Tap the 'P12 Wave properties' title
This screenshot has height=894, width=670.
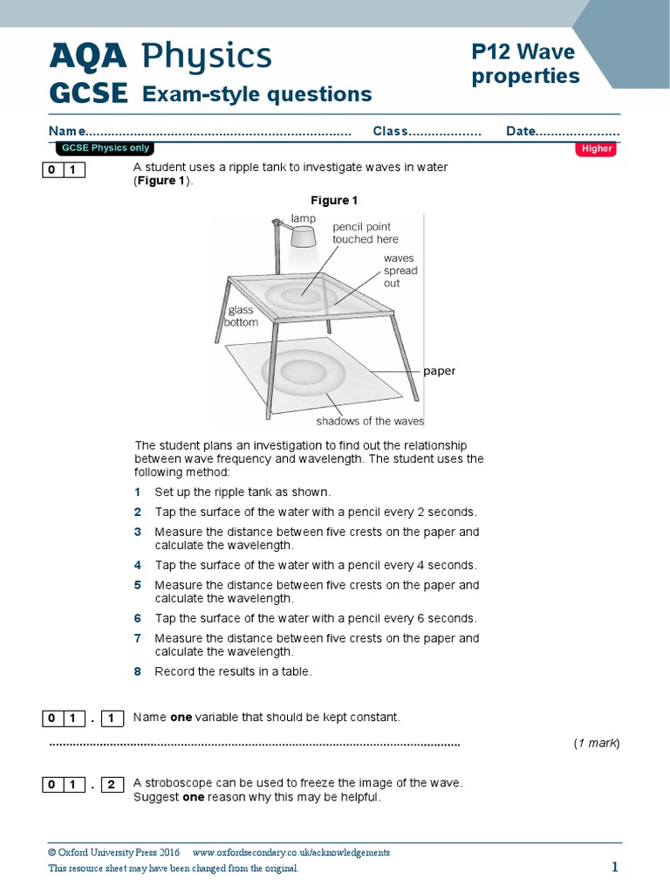pyautogui.click(x=525, y=65)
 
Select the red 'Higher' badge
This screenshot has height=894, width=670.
pyautogui.click(x=597, y=148)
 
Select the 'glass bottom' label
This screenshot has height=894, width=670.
pyautogui.click(x=242, y=316)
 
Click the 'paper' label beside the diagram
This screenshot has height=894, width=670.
pyautogui.click(x=440, y=371)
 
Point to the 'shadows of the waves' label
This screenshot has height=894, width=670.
pyautogui.click(x=369, y=422)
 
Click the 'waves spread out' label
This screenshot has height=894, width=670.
pyautogui.click(x=400, y=271)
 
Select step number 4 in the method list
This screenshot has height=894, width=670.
pyautogui.click(x=138, y=565)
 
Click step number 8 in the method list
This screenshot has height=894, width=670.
pyautogui.click(x=138, y=671)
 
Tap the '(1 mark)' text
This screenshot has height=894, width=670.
pyautogui.click(x=596, y=743)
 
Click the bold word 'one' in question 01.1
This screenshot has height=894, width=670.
pyautogui.click(x=181, y=718)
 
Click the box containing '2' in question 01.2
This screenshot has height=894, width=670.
pyautogui.click(x=112, y=785)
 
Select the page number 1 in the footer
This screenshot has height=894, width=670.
pyautogui.click(x=614, y=867)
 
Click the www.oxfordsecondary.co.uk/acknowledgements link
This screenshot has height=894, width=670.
pyautogui.click(x=291, y=853)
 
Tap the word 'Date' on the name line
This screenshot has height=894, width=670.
pyautogui.click(x=520, y=131)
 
